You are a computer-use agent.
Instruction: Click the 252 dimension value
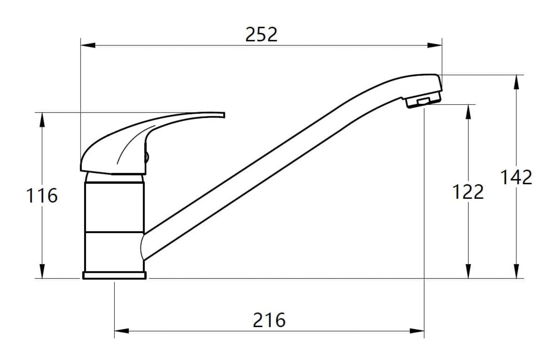point(261,35)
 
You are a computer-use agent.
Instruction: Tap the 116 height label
point(42,196)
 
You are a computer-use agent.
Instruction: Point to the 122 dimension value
point(468,192)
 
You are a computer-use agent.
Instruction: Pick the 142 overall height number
point(516,177)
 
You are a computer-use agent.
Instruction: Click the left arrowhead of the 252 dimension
point(88,45)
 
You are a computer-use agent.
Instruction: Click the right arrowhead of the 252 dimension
point(435,45)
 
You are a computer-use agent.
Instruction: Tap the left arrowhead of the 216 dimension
point(122,331)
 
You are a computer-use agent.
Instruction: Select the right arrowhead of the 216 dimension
point(417,331)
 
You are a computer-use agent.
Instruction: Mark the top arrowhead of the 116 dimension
point(42,120)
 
